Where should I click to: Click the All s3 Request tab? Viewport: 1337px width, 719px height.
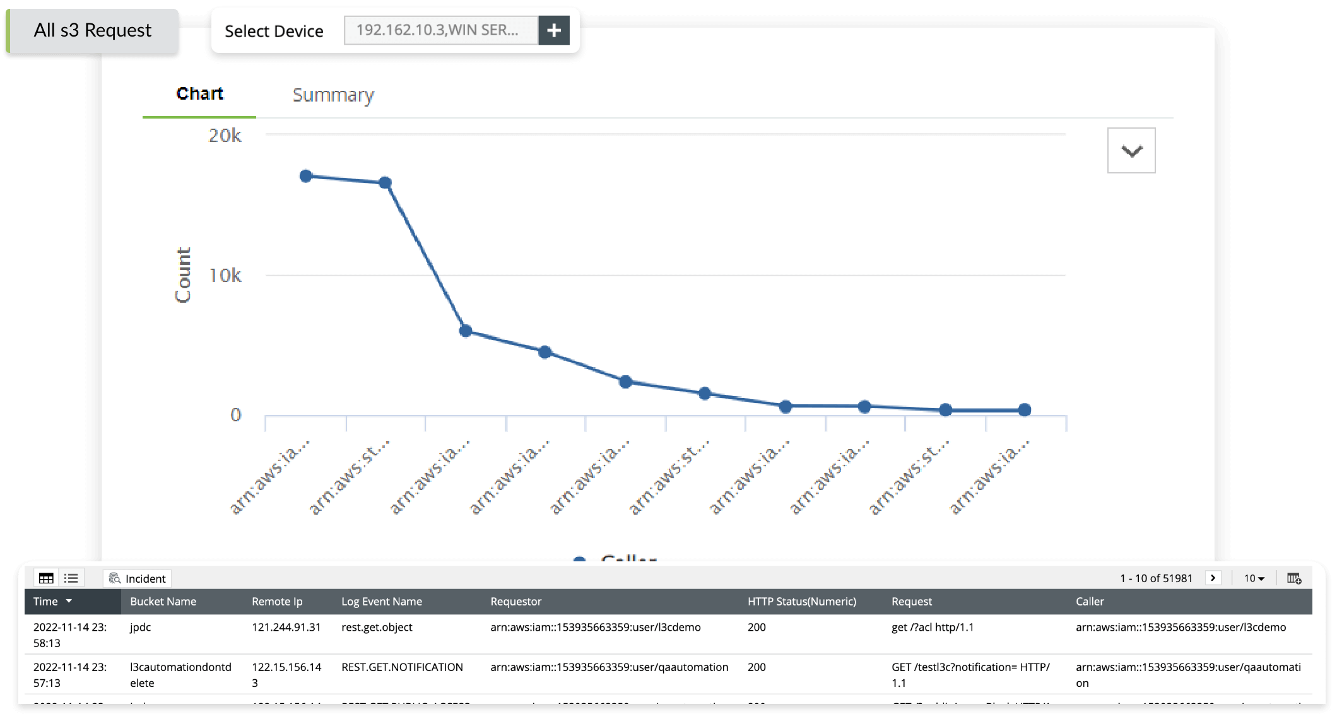click(92, 30)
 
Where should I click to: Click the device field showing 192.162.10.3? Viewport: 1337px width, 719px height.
click(440, 30)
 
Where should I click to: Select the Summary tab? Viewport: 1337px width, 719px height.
click(333, 95)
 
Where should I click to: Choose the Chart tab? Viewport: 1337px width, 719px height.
click(199, 93)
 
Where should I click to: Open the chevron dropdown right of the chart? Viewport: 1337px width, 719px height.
click(1131, 151)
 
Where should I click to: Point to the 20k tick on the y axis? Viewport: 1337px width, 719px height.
click(225, 136)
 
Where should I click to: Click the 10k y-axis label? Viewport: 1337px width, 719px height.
click(225, 276)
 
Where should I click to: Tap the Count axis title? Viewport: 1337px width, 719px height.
click(183, 275)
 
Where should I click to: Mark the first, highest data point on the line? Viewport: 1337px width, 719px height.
click(306, 176)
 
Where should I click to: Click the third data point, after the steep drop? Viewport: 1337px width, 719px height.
click(466, 331)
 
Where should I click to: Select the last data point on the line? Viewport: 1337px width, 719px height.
click(1025, 410)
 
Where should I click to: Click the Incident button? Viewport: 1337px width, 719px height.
click(138, 578)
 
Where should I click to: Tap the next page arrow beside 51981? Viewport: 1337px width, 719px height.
click(1213, 578)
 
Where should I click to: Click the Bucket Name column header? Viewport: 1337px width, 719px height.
click(163, 602)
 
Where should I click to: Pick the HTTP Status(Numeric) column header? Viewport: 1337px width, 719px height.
click(801, 602)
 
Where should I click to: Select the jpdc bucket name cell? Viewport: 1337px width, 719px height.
click(141, 628)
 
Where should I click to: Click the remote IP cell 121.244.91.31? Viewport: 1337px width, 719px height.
click(286, 628)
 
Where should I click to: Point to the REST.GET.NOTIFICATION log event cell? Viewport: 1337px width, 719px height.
click(402, 667)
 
